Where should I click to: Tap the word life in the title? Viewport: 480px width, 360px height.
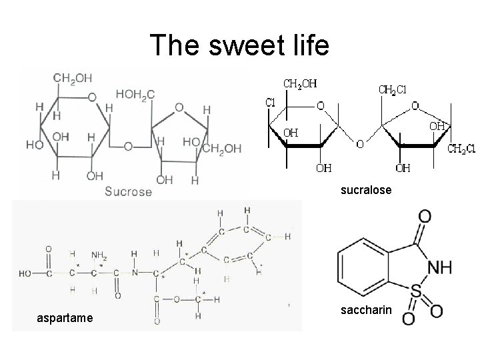tap(306, 45)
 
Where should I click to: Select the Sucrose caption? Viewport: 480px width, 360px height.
tap(128, 191)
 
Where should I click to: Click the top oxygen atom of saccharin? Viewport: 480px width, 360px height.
tap(425, 217)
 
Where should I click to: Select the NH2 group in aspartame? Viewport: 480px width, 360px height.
tap(100, 254)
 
